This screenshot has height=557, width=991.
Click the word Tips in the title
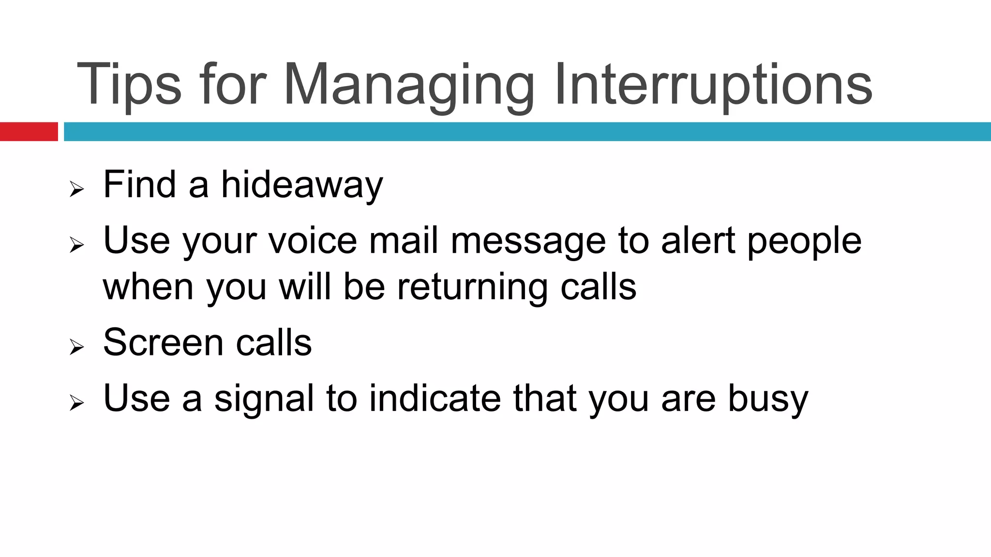point(129,85)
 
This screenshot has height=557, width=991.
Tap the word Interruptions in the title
point(713,85)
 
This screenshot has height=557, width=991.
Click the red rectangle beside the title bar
point(29,132)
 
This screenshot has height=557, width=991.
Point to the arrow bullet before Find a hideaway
point(76,189)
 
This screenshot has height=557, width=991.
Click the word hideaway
point(301,185)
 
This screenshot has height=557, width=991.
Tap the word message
point(528,241)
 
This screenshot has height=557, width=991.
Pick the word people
point(804,241)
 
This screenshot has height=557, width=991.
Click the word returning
point(472,287)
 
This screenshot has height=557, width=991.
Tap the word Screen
point(163,342)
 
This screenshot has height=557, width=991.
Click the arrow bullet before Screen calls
point(76,347)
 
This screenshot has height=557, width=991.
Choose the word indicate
point(435,398)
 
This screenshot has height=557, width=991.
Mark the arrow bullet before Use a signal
point(76,402)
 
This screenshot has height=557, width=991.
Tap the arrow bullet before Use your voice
point(76,245)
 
